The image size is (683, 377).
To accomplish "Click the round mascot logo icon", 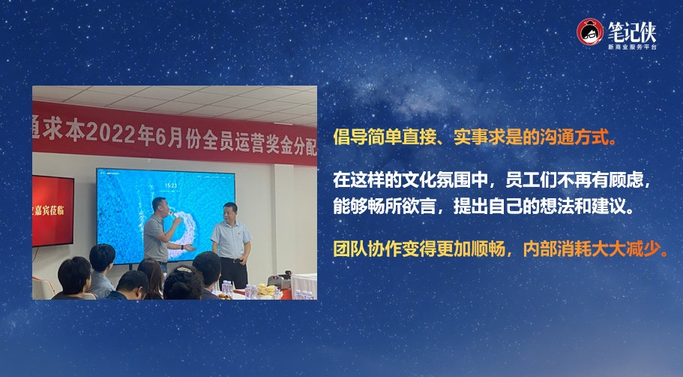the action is [x=590, y=32].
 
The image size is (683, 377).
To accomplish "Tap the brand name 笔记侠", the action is [x=632, y=32].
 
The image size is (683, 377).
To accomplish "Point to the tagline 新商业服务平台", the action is [x=632, y=47].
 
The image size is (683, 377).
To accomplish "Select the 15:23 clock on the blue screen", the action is [x=171, y=186].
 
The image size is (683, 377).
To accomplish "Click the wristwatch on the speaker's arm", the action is [x=181, y=247].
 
